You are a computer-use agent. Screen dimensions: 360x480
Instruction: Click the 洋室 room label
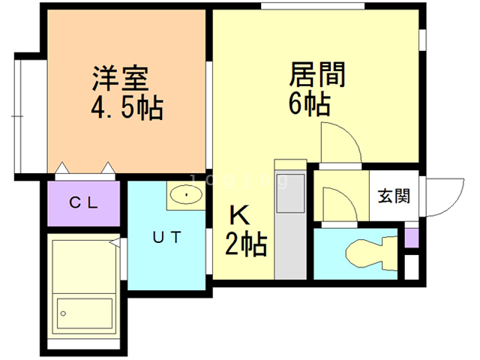(x=119, y=77)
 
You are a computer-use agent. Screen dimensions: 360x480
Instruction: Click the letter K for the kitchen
(x=238, y=216)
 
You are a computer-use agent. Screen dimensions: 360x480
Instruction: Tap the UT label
(x=166, y=238)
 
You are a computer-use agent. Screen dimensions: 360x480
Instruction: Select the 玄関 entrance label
(x=393, y=196)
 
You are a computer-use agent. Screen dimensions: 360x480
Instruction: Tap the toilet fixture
(x=371, y=250)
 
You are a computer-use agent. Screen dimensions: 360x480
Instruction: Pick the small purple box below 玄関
(x=411, y=238)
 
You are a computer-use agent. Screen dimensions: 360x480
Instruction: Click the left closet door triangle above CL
(x=63, y=167)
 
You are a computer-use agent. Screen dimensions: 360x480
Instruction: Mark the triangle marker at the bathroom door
(x=113, y=242)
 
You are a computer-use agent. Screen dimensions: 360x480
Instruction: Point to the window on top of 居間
(x=313, y=7)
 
